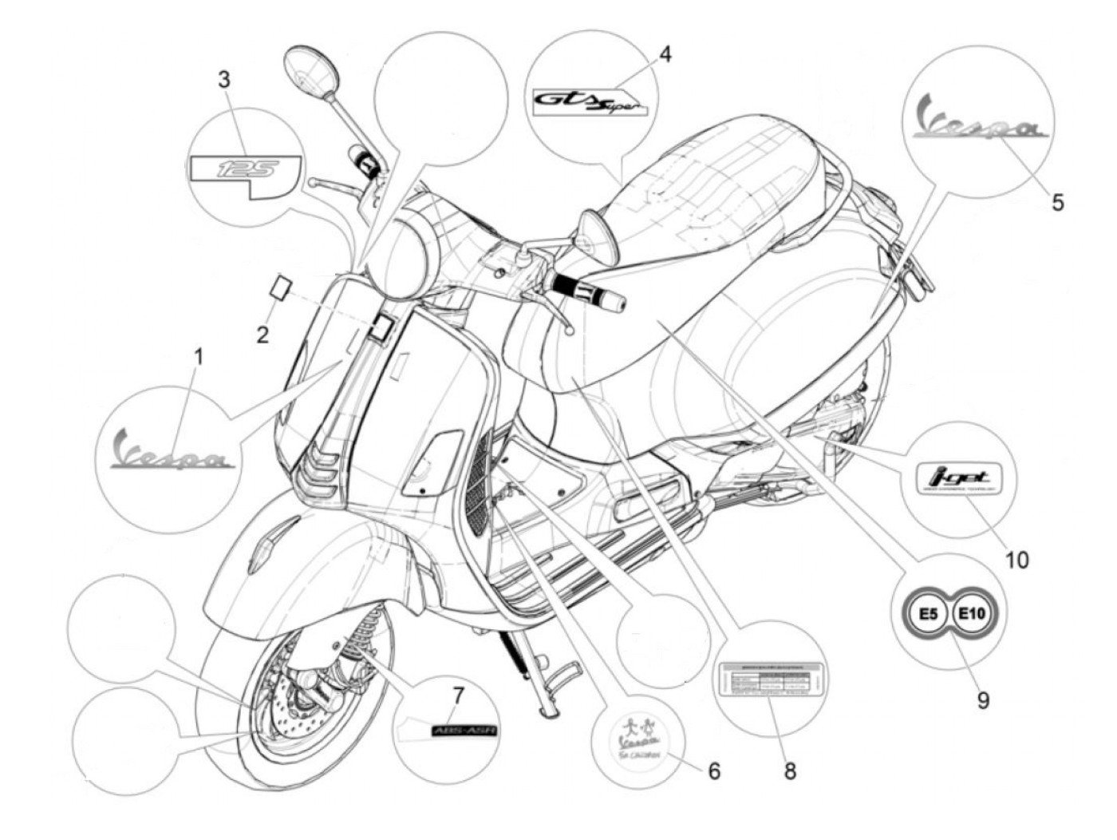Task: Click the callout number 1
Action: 199,355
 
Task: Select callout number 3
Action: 224,79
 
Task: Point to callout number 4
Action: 665,54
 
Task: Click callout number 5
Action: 1057,202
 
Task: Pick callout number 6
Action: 714,771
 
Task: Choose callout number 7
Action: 457,695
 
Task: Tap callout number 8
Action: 790,771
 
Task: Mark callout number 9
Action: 983,700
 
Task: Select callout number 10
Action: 1016,560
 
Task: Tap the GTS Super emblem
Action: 591,102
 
